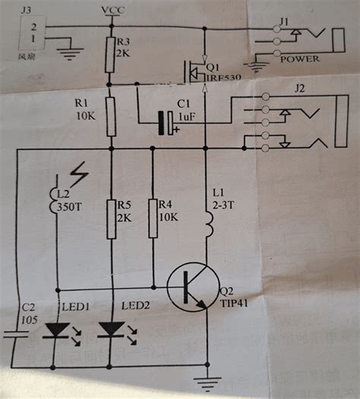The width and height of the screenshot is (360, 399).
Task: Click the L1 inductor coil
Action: tap(207, 221)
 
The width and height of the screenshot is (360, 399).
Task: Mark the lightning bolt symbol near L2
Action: tap(78, 175)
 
